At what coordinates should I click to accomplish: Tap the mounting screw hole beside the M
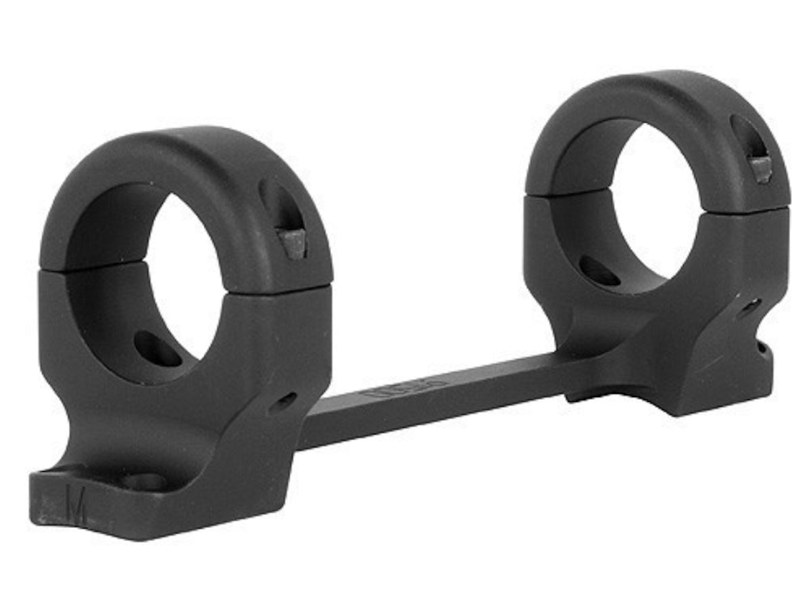tap(144, 482)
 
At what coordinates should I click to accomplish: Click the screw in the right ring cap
tap(762, 169)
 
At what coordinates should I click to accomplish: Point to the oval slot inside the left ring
tap(157, 348)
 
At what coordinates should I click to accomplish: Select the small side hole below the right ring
tap(749, 309)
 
